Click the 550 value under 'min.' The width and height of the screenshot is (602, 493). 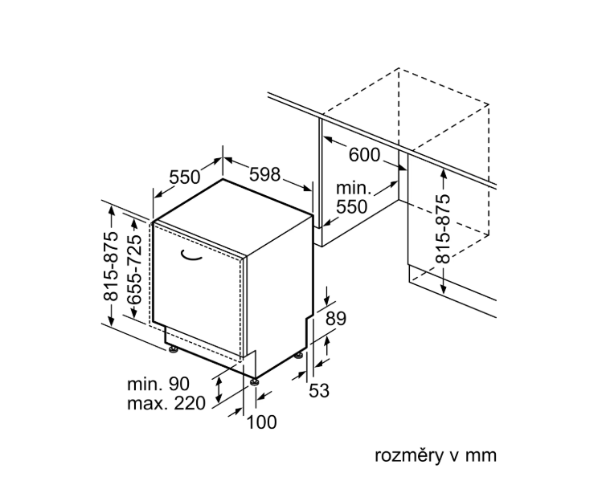[x=351, y=206]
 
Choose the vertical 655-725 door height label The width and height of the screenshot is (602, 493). [x=134, y=269]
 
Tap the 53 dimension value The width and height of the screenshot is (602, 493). [x=319, y=391]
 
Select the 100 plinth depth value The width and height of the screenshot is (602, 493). [x=261, y=422]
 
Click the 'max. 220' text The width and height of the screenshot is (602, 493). [x=166, y=403]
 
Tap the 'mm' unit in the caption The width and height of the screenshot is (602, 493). [x=484, y=455]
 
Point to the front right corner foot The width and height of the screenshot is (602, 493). [x=255, y=381]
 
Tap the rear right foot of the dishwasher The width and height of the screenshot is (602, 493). [x=300, y=354]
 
